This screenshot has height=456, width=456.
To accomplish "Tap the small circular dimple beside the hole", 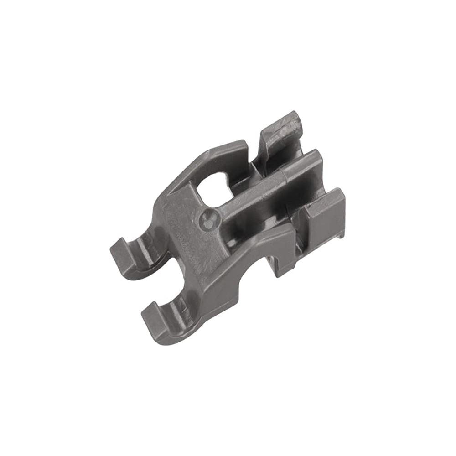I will [209, 223].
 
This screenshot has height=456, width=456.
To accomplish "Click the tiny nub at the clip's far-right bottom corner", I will [341, 235].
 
